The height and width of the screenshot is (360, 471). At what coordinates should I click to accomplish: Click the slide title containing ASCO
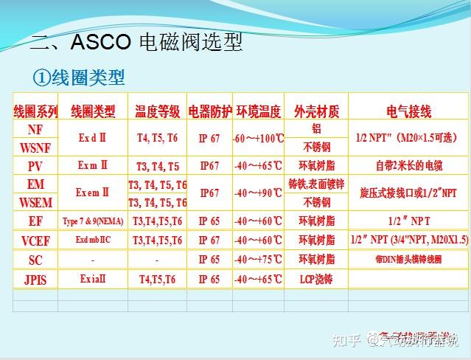click(136, 42)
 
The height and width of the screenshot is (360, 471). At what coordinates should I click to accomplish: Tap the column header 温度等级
click(157, 111)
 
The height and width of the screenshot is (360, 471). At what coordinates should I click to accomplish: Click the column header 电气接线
click(409, 111)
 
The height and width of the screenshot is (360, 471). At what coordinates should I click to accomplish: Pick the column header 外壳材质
click(316, 111)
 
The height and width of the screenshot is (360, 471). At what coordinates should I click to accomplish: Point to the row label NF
click(35, 129)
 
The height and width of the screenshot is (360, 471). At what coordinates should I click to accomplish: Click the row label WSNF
click(35, 148)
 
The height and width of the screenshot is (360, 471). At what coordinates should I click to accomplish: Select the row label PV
click(35, 166)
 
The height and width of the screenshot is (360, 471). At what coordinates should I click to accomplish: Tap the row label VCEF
click(35, 240)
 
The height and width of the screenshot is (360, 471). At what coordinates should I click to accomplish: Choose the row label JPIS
click(35, 280)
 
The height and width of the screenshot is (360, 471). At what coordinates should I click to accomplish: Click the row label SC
click(35, 260)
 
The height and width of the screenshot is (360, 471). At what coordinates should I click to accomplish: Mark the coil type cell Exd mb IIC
click(93, 240)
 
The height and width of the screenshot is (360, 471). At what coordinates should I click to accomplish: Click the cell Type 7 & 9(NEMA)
click(93, 221)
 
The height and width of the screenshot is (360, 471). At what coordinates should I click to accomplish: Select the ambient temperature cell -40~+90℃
click(258, 193)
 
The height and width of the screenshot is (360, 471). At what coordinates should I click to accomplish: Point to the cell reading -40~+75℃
click(258, 260)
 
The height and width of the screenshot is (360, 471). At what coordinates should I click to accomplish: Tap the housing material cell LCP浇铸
click(316, 280)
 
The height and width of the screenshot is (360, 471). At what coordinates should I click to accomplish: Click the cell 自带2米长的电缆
click(409, 166)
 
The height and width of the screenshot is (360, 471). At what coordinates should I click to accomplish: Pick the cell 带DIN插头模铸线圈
click(409, 260)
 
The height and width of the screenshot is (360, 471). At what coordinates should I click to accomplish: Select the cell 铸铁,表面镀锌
click(316, 184)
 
